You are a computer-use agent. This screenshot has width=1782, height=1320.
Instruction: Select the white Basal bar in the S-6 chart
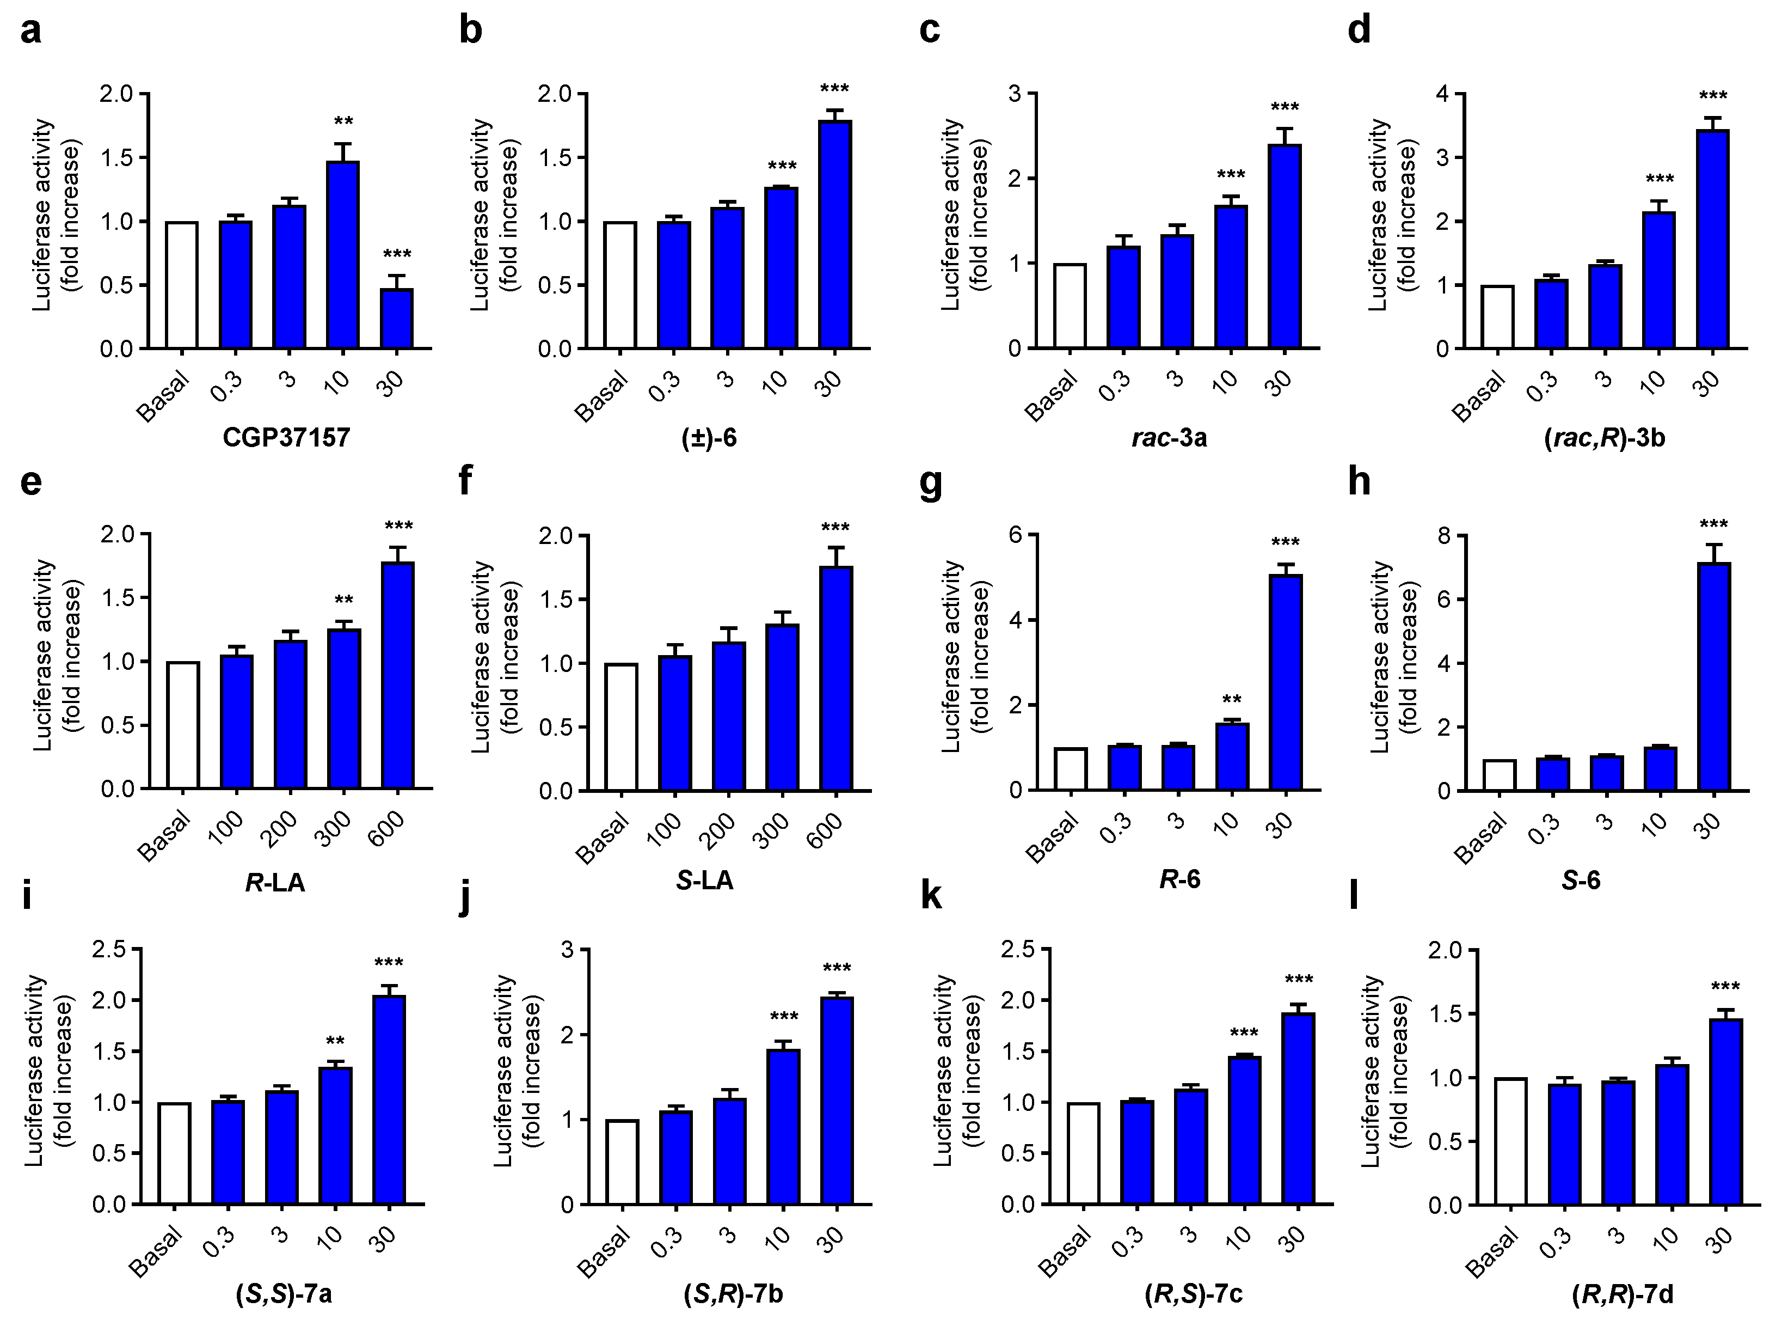(x=1498, y=774)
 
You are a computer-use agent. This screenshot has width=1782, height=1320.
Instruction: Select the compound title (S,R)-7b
(x=733, y=1294)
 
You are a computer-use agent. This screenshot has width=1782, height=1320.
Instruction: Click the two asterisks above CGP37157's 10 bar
(x=343, y=122)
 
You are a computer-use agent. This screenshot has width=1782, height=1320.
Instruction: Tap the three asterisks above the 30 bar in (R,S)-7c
(x=1298, y=980)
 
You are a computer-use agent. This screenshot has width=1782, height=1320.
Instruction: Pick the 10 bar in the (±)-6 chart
(x=781, y=268)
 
